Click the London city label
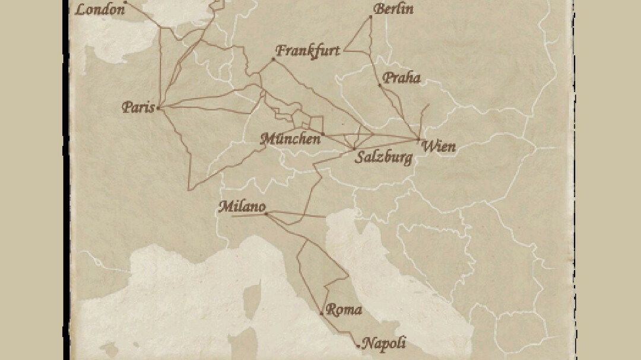pyautogui.click(x=101, y=9)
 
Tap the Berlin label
pyautogui.click(x=394, y=9)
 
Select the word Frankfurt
pyautogui.click(x=308, y=50)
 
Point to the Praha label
pyautogui.click(x=401, y=78)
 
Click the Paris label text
pyautogui.click(x=138, y=107)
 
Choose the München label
pyautogui.click(x=291, y=139)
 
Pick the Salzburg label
pyautogui.click(x=383, y=158)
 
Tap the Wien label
pyautogui.click(x=439, y=146)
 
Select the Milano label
pyautogui.click(x=242, y=207)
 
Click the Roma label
pyautogui.click(x=344, y=310)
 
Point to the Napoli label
pyautogui.click(x=384, y=343)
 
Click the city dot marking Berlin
pyautogui.click(x=371, y=17)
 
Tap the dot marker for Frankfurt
pyautogui.click(x=274, y=59)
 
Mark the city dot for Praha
pyautogui.click(x=380, y=85)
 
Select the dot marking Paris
pyautogui.click(x=158, y=107)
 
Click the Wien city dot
pyautogui.click(x=419, y=139)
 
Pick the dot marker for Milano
pyautogui.click(x=265, y=213)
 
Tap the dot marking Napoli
pyautogui.click(x=358, y=345)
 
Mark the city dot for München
pyautogui.click(x=323, y=134)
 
